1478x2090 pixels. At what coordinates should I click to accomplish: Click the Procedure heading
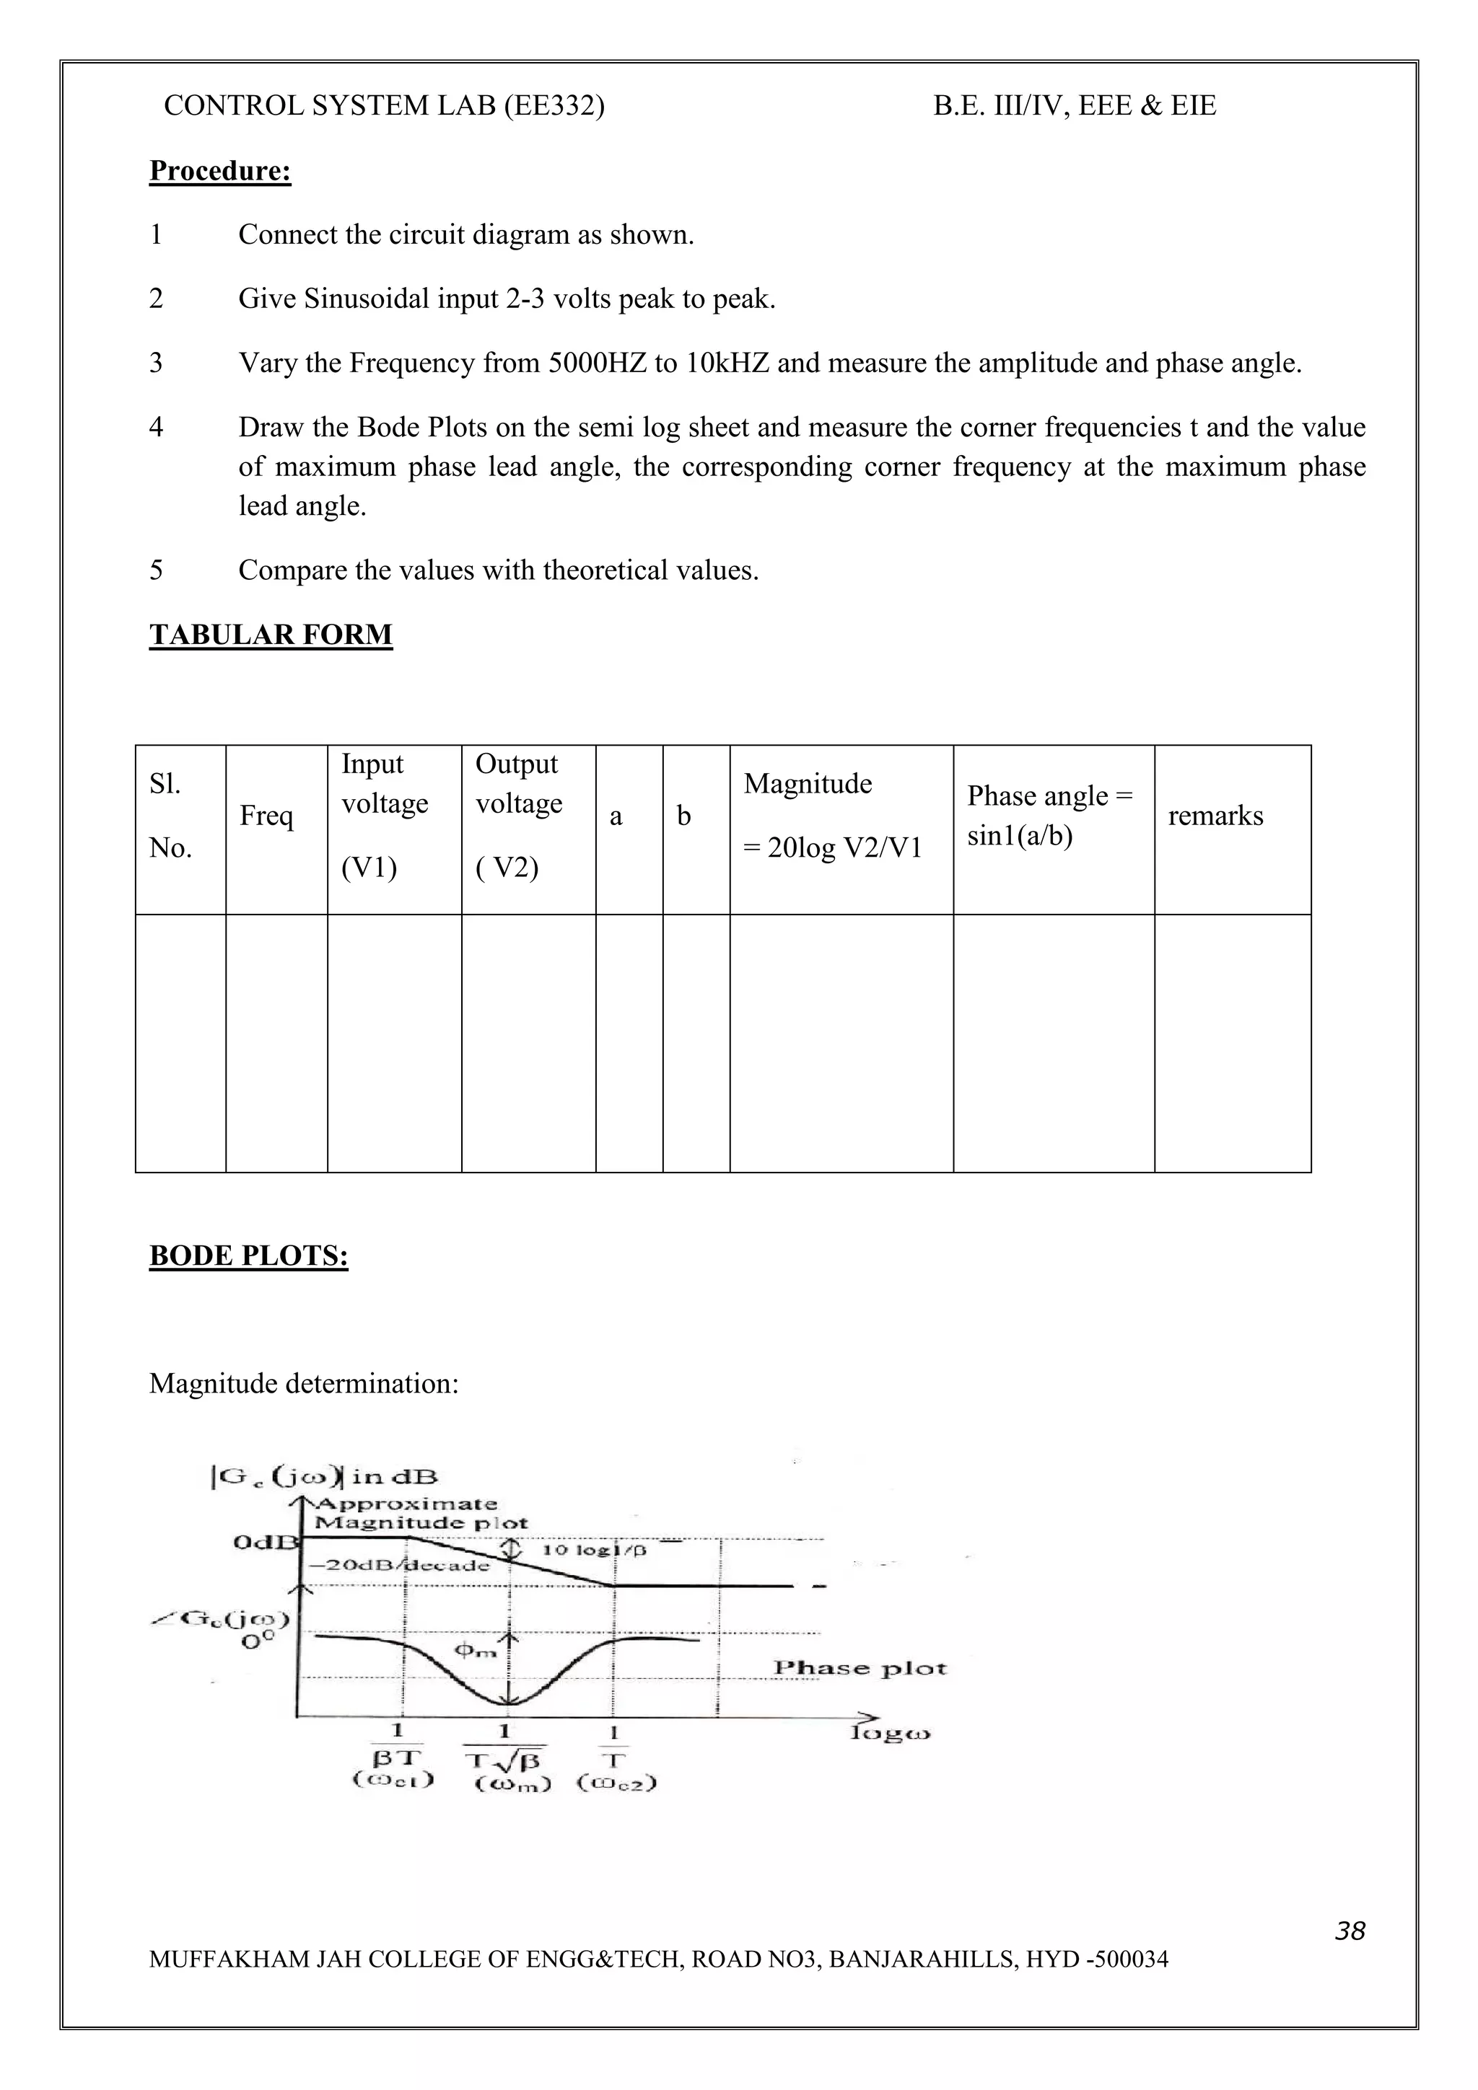click(219, 171)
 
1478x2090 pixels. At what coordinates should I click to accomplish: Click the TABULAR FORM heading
click(271, 635)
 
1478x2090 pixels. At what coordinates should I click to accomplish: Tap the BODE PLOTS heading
click(248, 1256)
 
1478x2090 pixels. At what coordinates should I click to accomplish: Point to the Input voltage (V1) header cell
click(385, 816)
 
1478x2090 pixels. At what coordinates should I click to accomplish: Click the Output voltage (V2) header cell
click(518, 816)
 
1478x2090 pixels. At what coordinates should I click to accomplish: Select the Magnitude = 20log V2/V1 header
click(832, 816)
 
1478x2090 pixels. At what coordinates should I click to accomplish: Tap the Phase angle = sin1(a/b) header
click(1049, 815)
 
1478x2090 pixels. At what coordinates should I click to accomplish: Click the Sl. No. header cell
click(170, 816)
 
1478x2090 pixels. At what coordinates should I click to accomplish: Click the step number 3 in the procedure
click(156, 363)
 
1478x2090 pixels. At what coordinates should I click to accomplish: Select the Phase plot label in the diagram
click(860, 1667)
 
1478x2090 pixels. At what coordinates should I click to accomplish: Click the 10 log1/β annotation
click(594, 1549)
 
